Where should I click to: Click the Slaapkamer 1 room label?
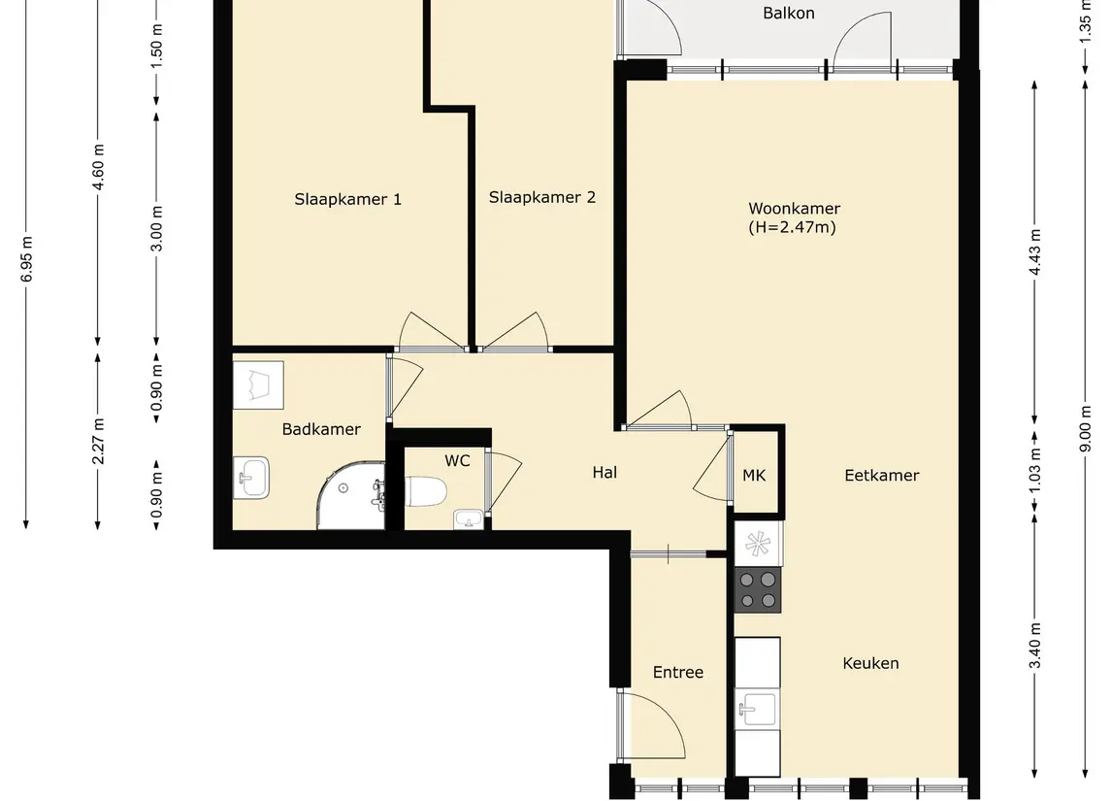click(x=347, y=199)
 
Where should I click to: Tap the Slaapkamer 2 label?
click(x=542, y=197)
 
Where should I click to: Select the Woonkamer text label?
click(x=795, y=209)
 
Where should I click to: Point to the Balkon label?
click(x=789, y=13)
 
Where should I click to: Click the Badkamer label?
click(x=321, y=429)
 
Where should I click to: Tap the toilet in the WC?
click(x=427, y=491)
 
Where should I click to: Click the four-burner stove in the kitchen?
click(x=758, y=589)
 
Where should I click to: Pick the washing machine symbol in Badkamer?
click(x=259, y=384)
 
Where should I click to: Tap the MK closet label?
click(x=754, y=475)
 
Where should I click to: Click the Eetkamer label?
click(x=881, y=475)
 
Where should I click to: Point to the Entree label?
click(x=678, y=672)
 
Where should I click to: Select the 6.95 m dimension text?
click(x=27, y=259)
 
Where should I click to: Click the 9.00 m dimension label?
click(x=1086, y=427)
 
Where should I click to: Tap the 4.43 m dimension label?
click(x=1034, y=252)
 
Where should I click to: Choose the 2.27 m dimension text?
click(x=99, y=441)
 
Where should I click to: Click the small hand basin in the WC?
click(x=468, y=519)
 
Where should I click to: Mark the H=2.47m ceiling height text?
click(x=792, y=227)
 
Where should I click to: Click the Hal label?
click(x=605, y=472)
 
